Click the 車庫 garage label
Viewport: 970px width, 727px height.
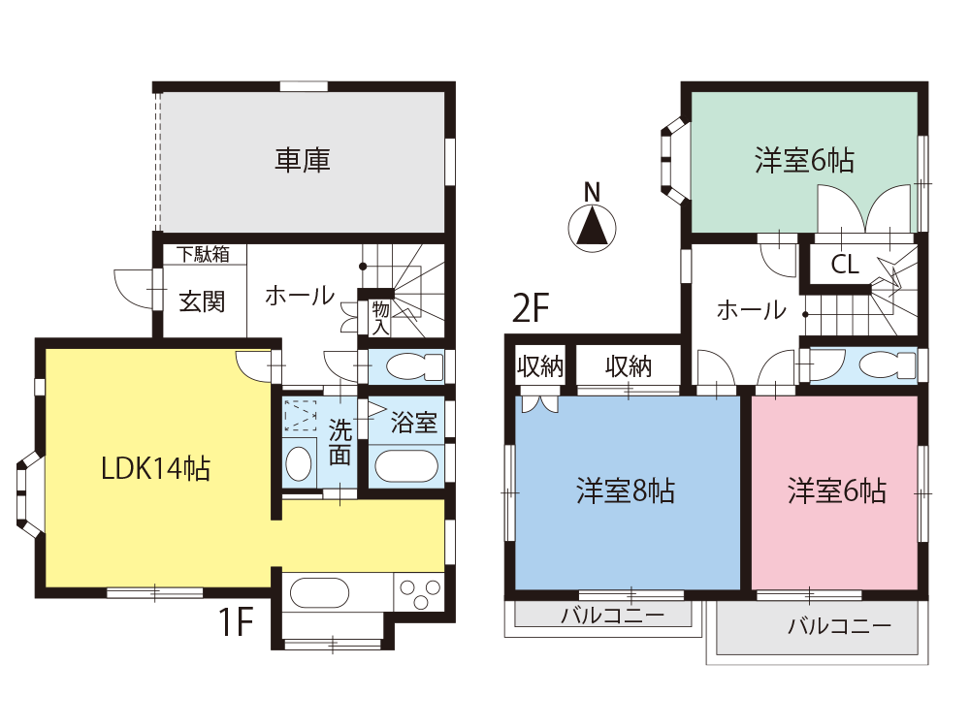303,160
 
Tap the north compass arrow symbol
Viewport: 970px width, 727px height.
592,227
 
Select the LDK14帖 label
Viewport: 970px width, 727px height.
156,468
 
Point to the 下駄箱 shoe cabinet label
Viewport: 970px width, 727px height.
203,254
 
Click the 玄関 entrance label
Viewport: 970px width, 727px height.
202,301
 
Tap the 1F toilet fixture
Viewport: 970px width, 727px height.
415,367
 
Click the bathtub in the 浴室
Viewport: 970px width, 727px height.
406,466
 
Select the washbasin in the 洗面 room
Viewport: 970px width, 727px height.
299,463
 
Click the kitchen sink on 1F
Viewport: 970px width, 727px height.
319,593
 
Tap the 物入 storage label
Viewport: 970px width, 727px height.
380,318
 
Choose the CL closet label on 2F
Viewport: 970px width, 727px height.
845,266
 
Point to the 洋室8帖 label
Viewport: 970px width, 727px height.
626,490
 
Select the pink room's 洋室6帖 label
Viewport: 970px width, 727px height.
837,490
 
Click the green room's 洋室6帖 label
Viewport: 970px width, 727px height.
804,161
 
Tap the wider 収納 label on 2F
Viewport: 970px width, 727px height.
629,367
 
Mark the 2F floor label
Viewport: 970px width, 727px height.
531,308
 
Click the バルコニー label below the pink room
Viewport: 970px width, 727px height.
839,627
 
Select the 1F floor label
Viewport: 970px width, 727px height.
236,621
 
